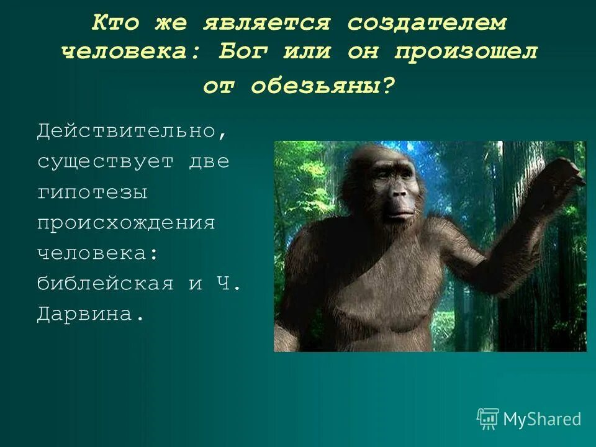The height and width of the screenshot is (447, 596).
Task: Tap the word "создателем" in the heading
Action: [427, 23]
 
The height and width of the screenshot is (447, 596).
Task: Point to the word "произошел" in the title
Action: [466, 52]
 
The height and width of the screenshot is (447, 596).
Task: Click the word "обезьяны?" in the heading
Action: [323, 86]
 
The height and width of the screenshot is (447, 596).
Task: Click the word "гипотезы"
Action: [93, 192]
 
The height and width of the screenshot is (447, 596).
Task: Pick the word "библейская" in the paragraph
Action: [104, 284]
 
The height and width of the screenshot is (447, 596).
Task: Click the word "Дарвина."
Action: [91, 314]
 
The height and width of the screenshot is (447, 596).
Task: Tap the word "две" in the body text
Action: [209, 161]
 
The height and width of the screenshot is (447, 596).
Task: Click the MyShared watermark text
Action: [542, 419]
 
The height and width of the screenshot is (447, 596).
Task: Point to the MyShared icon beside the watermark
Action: [488, 418]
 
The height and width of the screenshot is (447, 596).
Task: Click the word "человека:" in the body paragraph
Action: [98, 253]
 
